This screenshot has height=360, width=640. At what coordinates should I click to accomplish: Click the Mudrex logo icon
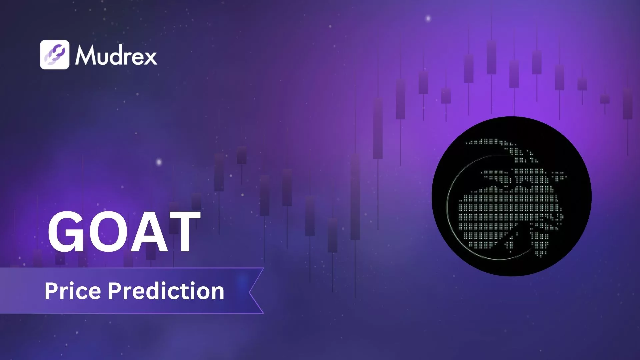click(55, 55)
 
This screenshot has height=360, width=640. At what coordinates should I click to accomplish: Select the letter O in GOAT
click(106, 232)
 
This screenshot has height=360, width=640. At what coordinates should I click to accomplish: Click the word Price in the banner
click(72, 291)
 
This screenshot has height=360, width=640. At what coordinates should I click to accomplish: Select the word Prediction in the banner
click(166, 291)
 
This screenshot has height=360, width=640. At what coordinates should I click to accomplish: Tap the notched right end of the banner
click(255, 291)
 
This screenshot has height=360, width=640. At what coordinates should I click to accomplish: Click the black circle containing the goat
click(511, 196)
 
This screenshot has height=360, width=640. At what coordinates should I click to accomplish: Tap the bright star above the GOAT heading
click(159, 162)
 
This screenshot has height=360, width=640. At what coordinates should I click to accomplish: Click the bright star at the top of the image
click(428, 18)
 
